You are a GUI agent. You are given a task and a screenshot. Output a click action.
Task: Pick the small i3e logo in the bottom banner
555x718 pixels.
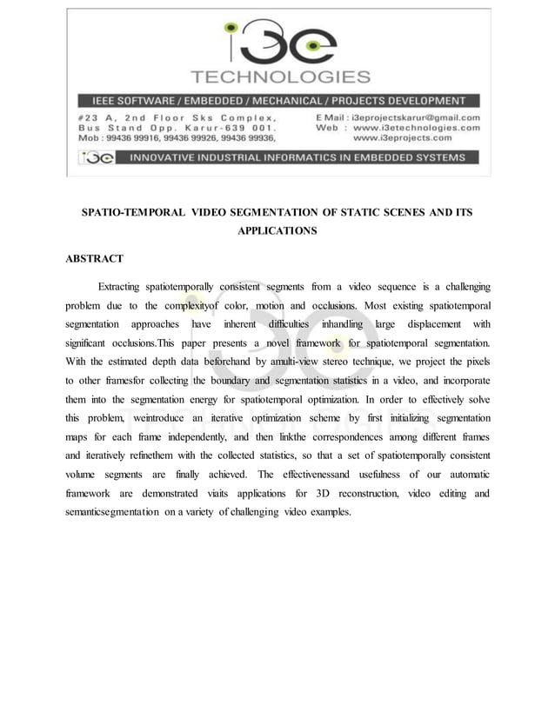tap(94, 157)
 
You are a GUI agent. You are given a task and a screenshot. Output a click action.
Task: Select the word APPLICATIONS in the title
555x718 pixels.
tap(277, 231)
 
